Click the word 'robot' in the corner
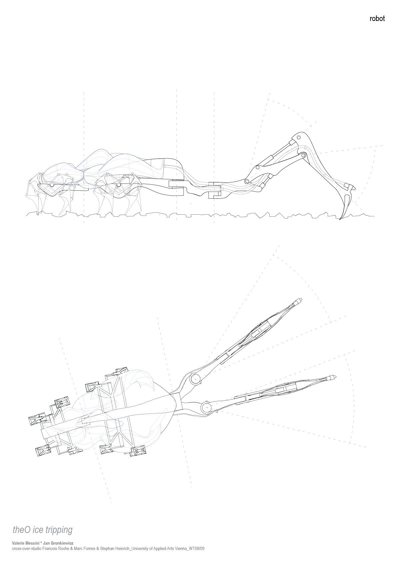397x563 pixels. click(x=377, y=19)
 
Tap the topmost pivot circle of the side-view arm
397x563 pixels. click(x=299, y=137)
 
